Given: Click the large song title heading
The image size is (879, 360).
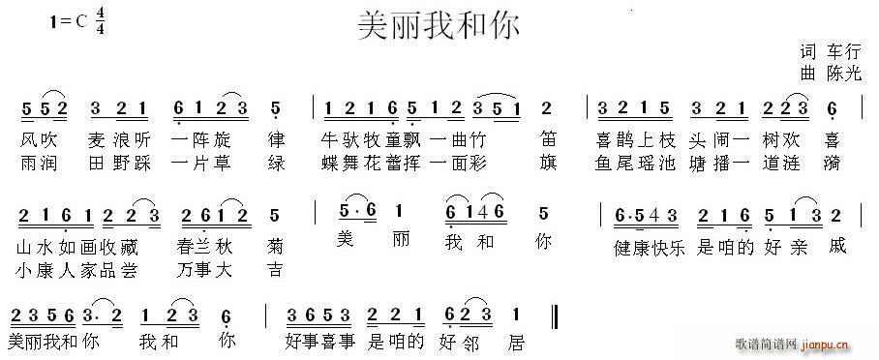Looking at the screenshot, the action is click(x=439, y=25).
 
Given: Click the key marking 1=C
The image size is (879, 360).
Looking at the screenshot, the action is click(x=67, y=25).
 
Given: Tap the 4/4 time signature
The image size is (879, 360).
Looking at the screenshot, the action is click(x=101, y=25).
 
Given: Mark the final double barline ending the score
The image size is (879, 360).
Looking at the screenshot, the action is click(x=553, y=316).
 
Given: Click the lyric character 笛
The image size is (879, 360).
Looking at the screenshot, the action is click(x=549, y=138).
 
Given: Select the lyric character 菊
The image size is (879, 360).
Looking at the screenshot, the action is click(x=276, y=246).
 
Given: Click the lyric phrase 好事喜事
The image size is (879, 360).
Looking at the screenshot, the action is click(x=322, y=342).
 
